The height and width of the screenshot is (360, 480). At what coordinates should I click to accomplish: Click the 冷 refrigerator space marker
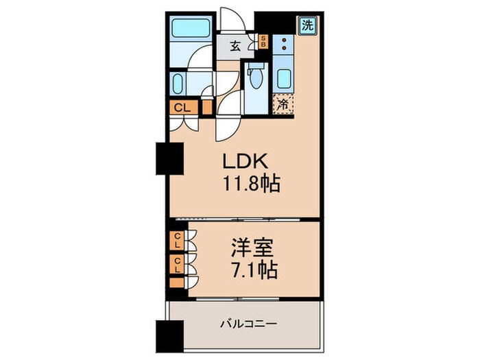(x=283, y=105)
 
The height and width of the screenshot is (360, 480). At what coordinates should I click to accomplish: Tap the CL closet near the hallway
(x=181, y=107)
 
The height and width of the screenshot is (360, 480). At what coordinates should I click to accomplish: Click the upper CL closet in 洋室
(x=177, y=241)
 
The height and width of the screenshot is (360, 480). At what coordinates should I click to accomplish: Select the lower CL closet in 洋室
(x=177, y=264)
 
